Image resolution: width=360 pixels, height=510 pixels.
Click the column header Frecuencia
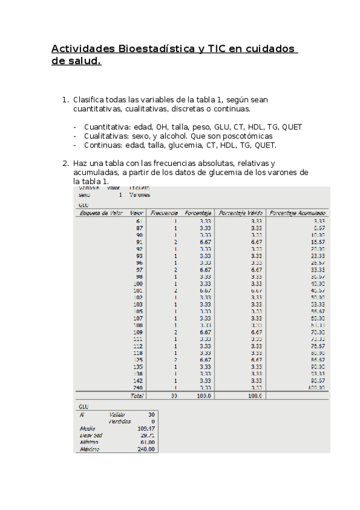(x=164, y=213)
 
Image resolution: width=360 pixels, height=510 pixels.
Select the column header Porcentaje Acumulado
(x=297, y=213)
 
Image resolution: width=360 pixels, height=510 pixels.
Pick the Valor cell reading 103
(x=138, y=305)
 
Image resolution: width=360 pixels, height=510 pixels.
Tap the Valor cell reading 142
(x=138, y=381)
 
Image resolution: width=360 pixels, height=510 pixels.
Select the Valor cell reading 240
(x=138, y=389)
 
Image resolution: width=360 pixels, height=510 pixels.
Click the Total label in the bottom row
(x=137, y=396)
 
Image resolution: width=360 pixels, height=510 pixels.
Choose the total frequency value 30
(x=174, y=396)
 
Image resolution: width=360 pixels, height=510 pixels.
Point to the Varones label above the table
(x=139, y=195)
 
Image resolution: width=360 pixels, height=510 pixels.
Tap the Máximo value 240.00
(x=146, y=449)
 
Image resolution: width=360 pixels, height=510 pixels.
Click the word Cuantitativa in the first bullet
(x=106, y=127)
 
